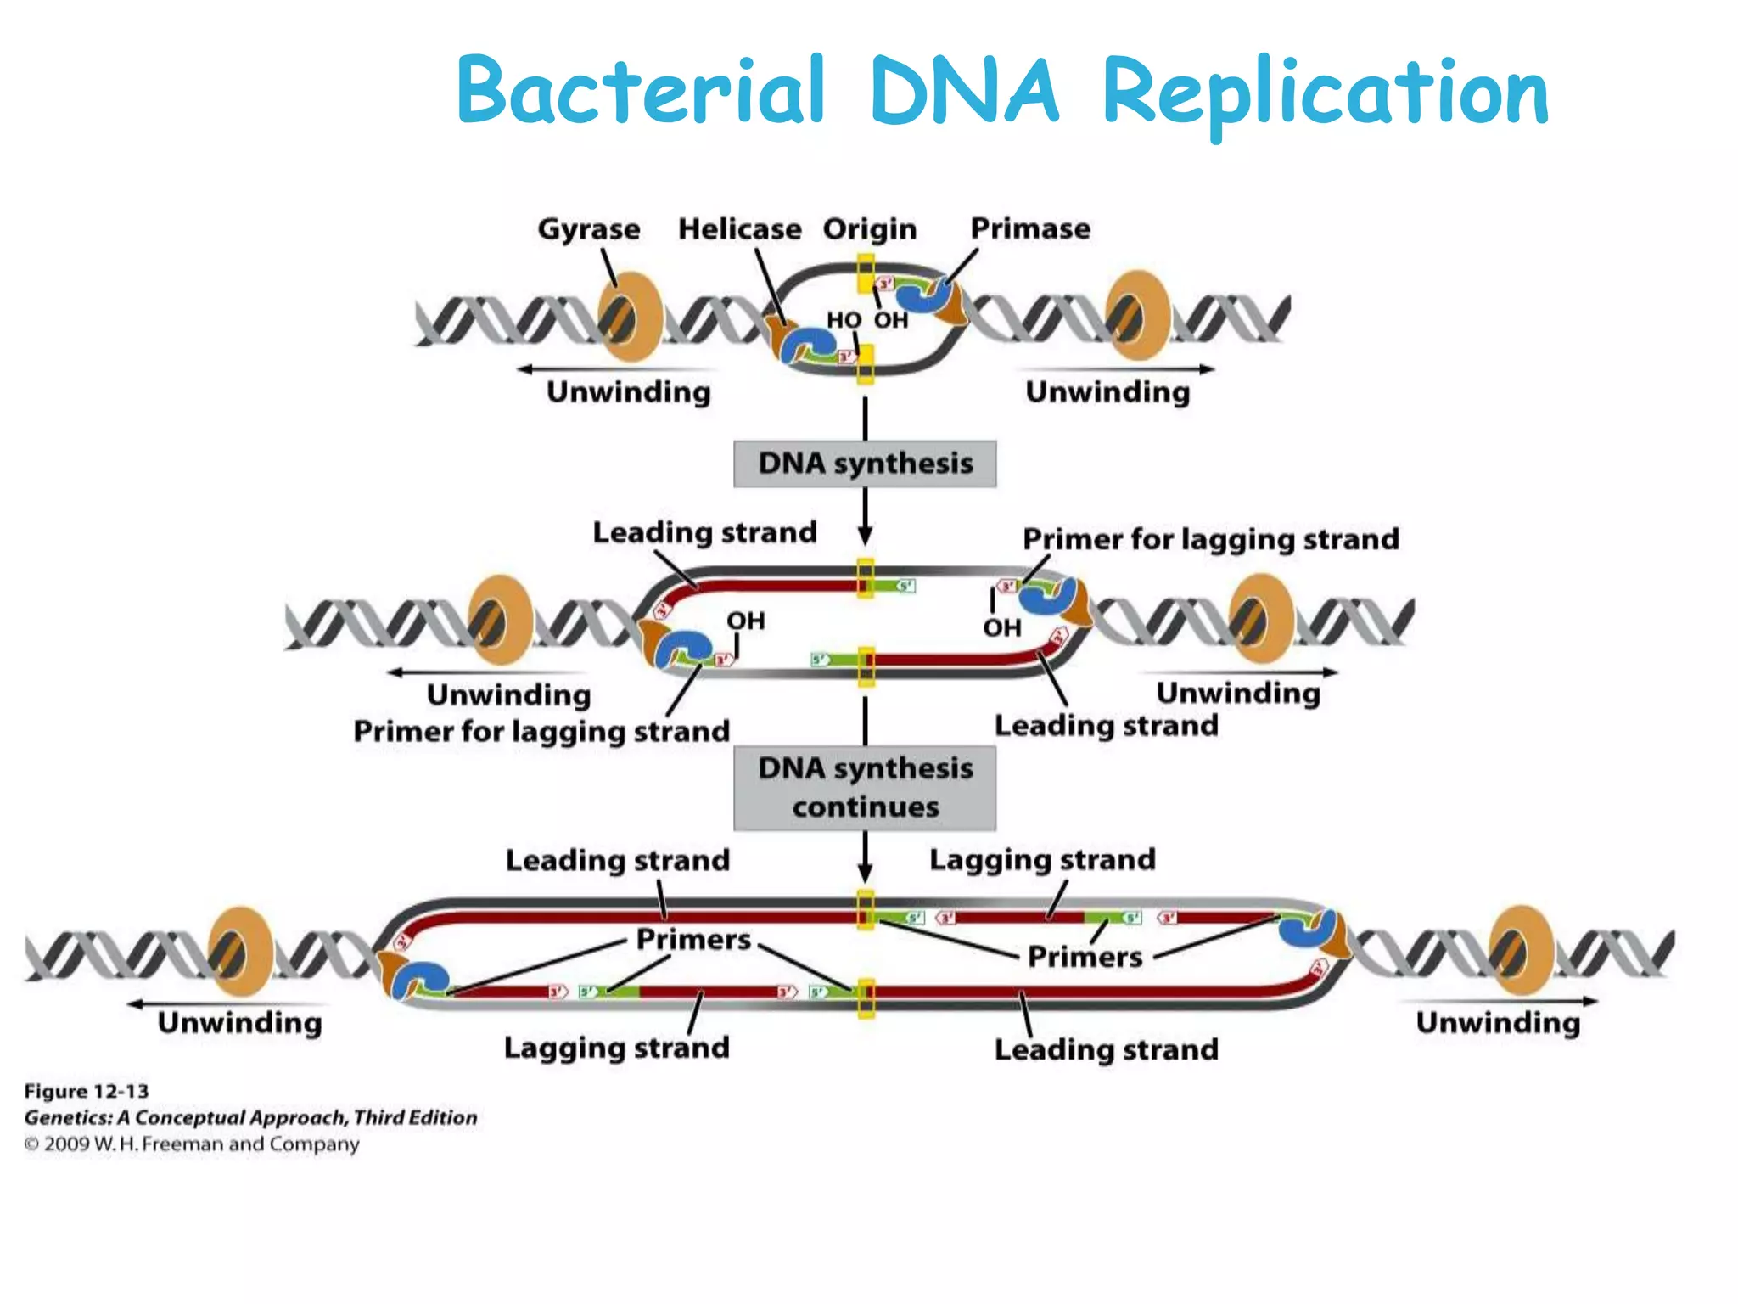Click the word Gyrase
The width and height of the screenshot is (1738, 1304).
pos(588,229)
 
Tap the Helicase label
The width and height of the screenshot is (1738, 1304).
pos(739,229)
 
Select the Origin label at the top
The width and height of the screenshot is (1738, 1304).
pos(870,229)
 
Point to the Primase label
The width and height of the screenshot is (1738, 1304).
pos(1030,228)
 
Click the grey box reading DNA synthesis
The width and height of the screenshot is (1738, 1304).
pos(865,464)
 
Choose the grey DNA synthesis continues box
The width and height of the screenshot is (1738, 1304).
pos(865,788)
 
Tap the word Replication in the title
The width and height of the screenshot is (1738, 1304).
pos(1326,93)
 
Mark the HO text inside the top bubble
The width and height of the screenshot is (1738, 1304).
pos(844,320)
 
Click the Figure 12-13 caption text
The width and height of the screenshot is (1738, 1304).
pos(87,1091)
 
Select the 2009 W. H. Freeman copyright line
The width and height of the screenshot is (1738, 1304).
pos(192,1144)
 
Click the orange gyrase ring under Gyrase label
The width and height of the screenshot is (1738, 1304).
pos(631,317)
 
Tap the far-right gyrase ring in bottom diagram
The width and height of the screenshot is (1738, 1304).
pos(1522,950)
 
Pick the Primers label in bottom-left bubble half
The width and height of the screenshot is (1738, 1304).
pos(693,940)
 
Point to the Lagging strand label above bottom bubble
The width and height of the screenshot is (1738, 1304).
pos(1042,859)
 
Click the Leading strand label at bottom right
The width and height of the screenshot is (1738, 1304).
pos(1106,1049)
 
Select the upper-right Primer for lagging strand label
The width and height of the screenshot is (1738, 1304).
pos(1210,539)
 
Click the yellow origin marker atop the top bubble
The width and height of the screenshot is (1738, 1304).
pos(865,273)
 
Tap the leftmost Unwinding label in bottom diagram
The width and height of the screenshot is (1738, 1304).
pos(239,1022)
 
